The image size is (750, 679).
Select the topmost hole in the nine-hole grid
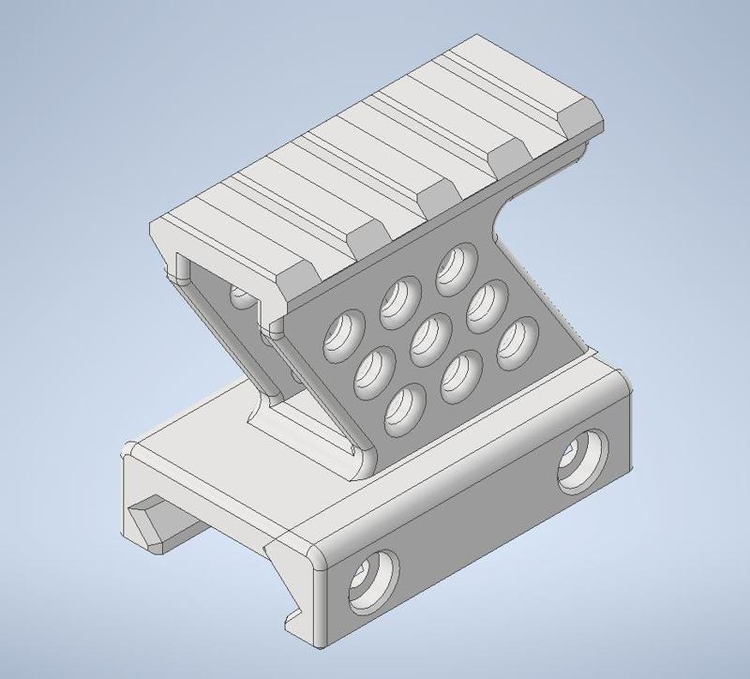(x=456, y=264)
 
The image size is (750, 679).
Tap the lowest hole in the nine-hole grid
(x=403, y=408)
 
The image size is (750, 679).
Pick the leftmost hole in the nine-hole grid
(x=341, y=335)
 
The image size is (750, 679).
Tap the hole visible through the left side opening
(x=242, y=297)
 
